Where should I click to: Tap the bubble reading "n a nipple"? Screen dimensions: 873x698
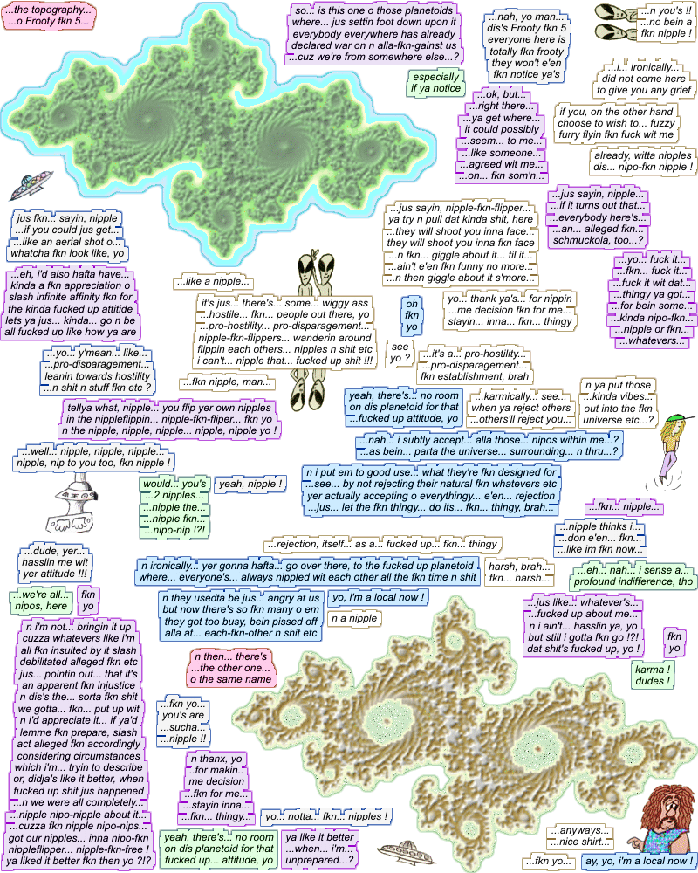pyautogui.click(x=352, y=619)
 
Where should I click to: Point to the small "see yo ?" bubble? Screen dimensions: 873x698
pyautogui.click(x=400, y=352)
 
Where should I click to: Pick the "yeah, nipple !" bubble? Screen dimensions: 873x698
pyautogui.click(x=251, y=483)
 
